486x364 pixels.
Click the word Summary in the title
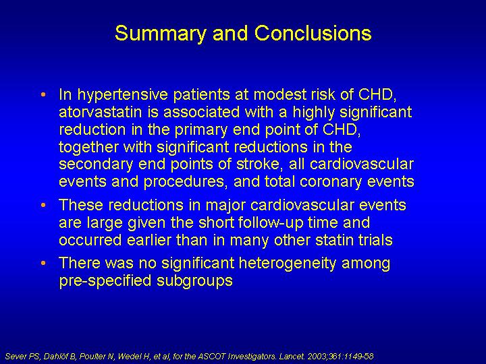click(x=160, y=34)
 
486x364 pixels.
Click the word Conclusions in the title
click(x=313, y=32)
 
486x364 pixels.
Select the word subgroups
click(x=194, y=281)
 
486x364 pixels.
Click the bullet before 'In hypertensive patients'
click(x=43, y=94)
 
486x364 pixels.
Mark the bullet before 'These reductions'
click(x=43, y=205)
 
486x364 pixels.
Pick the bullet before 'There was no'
click(x=43, y=263)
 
